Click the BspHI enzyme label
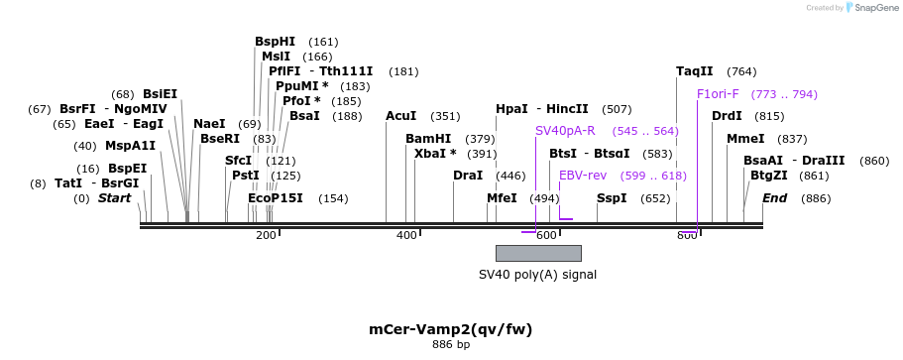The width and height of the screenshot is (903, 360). (x=275, y=42)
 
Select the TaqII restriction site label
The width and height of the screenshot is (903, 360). (x=694, y=71)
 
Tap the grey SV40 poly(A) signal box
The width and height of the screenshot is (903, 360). (x=537, y=253)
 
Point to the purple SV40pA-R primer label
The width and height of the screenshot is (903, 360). (x=565, y=131)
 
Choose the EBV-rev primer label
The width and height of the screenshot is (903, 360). (x=582, y=176)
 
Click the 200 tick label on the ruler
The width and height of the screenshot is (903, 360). (x=266, y=235)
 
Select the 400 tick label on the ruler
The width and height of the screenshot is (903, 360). (x=406, y=235)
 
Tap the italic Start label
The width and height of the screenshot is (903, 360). (x=114, y=198)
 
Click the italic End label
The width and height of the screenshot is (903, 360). (x=774, y=198)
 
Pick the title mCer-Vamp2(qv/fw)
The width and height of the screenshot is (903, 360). (x=450, y=328)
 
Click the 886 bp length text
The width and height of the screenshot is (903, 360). (x=450, y=345)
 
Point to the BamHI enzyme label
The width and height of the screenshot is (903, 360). (x=427, y=139)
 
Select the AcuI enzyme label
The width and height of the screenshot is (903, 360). (x=400, y=116)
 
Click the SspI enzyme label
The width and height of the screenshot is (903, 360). (x=612, y=198)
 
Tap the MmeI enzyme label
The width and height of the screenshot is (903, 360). (x=745, y=139)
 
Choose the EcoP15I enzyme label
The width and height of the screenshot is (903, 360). (x=275, y=198)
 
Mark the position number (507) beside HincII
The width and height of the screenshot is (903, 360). (x=617, y=109)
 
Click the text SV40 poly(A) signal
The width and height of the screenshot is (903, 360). (x=537, y=275)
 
